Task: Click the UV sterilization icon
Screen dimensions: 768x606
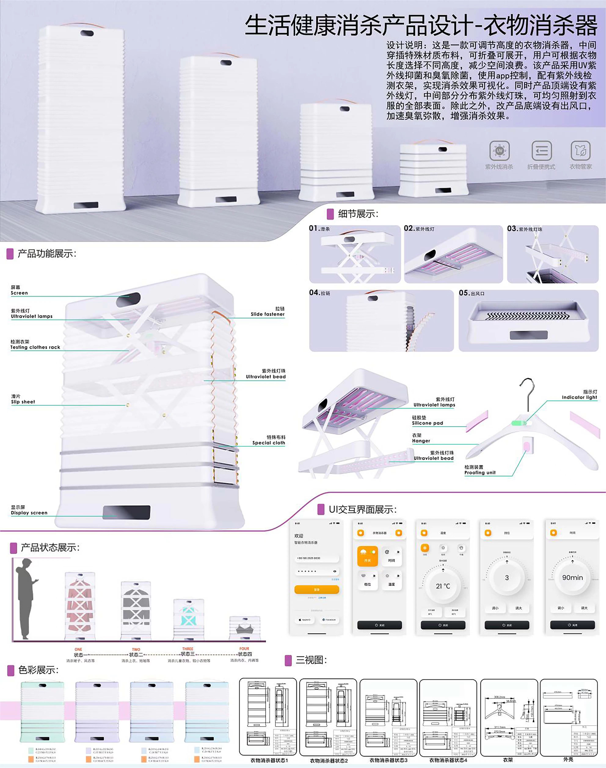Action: tap(499, 151)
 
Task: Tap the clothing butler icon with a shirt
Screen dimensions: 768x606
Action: tap(580, 151)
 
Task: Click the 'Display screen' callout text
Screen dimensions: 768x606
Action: tap(29, 513)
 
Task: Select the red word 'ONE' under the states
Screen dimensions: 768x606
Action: tap(78, 649)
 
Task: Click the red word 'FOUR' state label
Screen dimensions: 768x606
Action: tap(244, 648)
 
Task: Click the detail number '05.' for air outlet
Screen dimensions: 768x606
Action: tap(464, 293)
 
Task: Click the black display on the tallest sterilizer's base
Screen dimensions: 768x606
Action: tap(86, 205)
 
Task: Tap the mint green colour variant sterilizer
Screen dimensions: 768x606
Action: tap(43, 712)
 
